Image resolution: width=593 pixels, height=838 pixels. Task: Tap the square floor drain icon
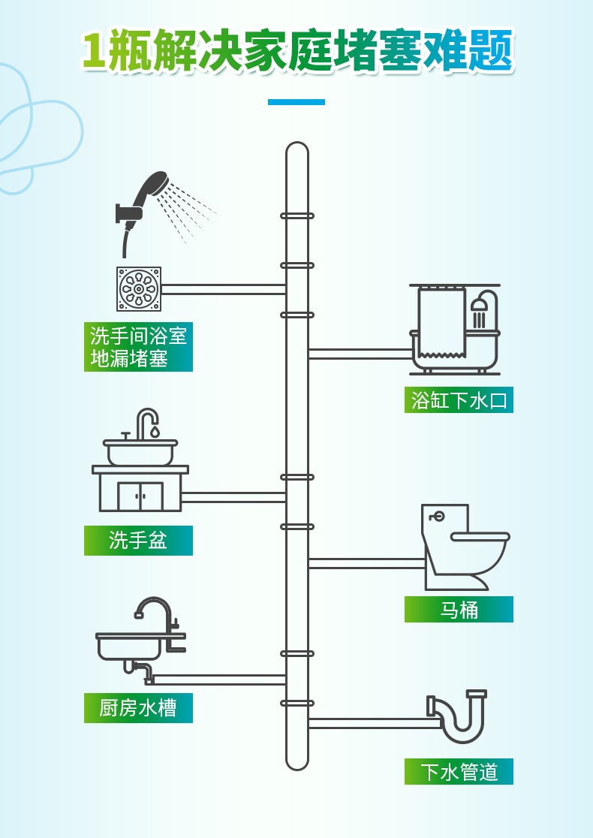pos(139,289)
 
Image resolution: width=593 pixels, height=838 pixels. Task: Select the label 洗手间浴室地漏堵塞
pos(138,347)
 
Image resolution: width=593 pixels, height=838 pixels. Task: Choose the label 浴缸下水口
pos(459,400)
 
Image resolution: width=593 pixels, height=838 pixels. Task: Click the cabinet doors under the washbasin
pos(140,496)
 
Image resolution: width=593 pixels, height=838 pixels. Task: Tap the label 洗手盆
pos(138,541)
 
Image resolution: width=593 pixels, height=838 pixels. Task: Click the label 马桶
pos(459,610)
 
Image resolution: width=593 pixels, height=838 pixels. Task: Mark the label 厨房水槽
pos(138,708)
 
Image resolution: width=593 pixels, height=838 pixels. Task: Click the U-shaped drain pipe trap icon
pos(458,716)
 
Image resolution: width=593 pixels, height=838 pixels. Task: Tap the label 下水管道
pos(459,772)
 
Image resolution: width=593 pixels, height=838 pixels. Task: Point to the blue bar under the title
pos(296,102)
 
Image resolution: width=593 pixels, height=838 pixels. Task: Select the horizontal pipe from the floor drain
pos(223,289)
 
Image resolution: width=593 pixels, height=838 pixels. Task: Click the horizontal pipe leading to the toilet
pos(366,563)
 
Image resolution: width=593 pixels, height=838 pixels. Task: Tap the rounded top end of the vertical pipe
pos(297,149)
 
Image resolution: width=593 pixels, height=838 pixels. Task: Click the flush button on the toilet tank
pos(438,517)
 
